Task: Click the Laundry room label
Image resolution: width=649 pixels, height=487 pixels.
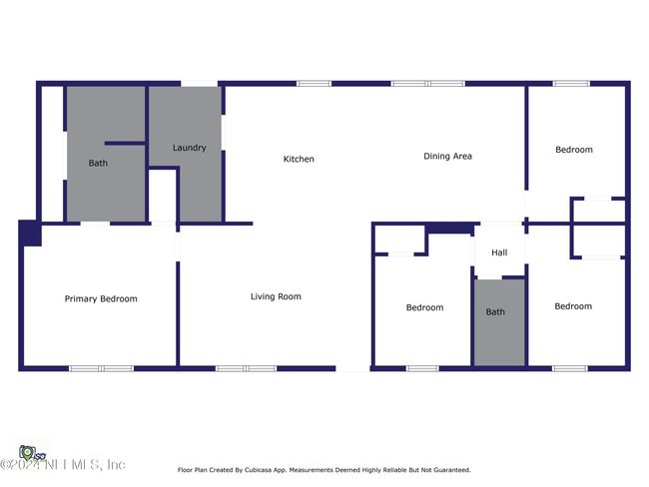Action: point(189,148)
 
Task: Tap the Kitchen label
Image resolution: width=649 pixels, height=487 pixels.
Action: point(299,159)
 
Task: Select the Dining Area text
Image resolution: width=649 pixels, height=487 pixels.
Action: point(447,156)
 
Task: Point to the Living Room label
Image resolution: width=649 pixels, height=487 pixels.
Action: point(276,296)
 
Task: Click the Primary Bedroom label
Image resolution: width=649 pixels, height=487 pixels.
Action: point(101,298)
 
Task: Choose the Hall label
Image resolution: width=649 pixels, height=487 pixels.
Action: point(499,252)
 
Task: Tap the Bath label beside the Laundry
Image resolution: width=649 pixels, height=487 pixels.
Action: point(98,163)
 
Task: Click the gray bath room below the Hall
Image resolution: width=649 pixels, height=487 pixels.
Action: point(499,322)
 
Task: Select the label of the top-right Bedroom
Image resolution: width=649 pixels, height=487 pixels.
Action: point(574,150)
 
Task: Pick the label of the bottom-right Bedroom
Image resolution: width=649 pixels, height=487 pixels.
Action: point(573,306)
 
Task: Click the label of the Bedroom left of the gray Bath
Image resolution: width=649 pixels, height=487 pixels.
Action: point(424,307)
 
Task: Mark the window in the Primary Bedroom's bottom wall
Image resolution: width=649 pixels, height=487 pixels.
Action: point(102,368)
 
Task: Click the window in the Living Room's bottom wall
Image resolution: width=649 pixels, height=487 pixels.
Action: point(247,368)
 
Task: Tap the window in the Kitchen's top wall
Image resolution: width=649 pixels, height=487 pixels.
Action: point(315,84)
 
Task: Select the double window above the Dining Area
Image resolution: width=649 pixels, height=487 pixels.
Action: point(428,84)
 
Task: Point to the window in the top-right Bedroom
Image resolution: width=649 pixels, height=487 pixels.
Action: point(571,84)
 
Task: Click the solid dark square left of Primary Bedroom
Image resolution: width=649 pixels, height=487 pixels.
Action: point(30,233)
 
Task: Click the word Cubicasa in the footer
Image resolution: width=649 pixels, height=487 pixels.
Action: point(259,470)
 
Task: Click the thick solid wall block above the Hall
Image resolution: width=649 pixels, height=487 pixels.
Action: point(450,228)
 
